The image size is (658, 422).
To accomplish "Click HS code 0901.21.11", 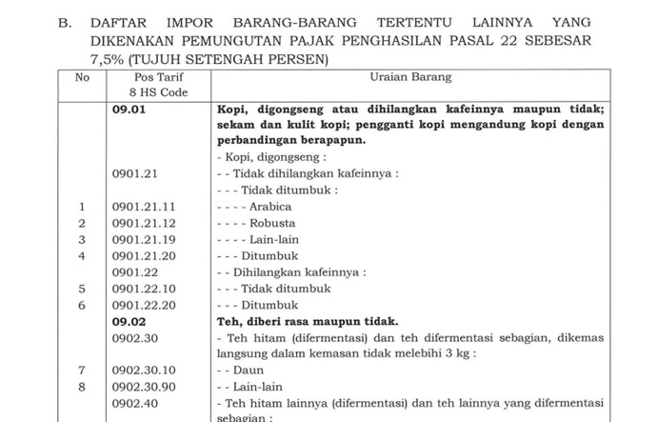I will (144, 207).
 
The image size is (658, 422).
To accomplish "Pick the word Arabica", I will (269, 207).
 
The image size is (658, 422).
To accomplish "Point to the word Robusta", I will (272, 223).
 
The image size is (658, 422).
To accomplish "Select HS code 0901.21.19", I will (144, 239).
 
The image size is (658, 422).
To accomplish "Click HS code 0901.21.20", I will (144, 255).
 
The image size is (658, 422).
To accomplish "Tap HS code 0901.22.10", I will (144, 289).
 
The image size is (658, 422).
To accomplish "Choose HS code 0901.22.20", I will (144, 305).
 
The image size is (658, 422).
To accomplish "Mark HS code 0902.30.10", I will (144, 370).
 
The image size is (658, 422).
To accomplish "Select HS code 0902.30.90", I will (144, 387).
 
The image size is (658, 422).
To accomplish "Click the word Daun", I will (249, 370).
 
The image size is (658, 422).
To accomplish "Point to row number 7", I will (82, 370).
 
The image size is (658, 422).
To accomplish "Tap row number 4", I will (82, 255).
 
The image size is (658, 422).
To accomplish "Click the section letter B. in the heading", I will (65, 22).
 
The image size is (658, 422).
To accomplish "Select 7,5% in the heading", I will (110, 59).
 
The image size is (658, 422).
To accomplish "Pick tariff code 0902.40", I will (132, 403).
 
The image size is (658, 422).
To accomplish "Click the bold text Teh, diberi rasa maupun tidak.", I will (308, 321).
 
